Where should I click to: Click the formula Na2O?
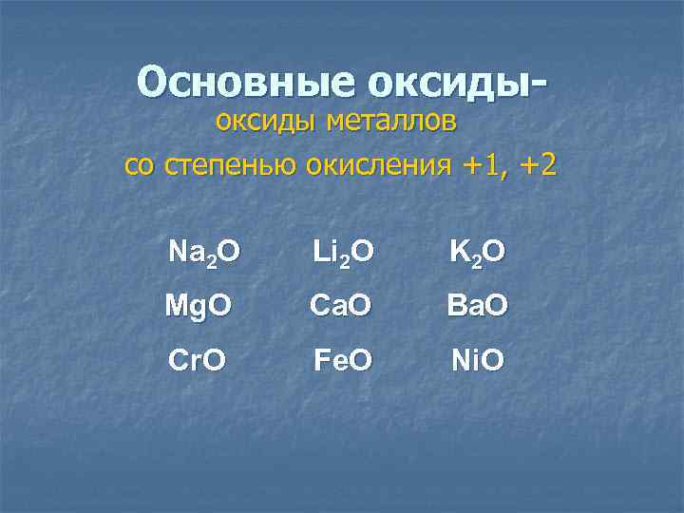coord(203,252)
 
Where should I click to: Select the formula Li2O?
coord(343,252)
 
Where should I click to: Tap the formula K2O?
coord(477,252)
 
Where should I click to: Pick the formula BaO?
coord(478,306)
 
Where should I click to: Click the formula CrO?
coord(197,360)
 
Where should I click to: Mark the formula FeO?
coord(343,360)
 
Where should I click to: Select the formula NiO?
coord(478,360)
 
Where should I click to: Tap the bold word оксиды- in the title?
coord(456,85)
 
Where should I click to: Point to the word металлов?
coord(391,123)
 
